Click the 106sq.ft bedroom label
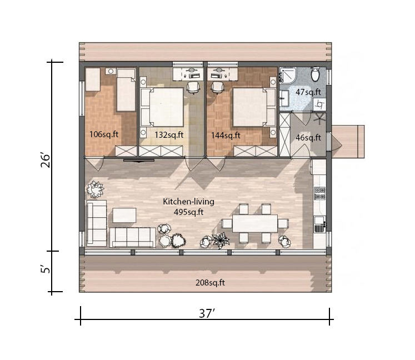pyautogui.click(x=104, y=134)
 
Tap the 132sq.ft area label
pyautogui.click(x=169, y=134)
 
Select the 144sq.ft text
pyautogui.click(x=226, y=135)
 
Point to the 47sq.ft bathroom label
pyautogui.click(x=308, y=92)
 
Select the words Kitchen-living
pyautogui.click(x=188, y=202)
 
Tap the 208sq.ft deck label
pyautogui.click(x=210, y=283)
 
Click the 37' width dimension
pyautogui.click(x=207, y=314)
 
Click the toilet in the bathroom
pyautogui.click(x=315, y=74)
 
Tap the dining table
pyautogui.click(x=254, y=223)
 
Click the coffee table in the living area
pyautogui.click(x=124, y=215)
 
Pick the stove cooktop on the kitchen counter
pyautogui.click(x=320, y=193)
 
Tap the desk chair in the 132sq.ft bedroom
pyautogui.click(x=193, y=87)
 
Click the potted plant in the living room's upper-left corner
pyautogui.click(x=95, y=189)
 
